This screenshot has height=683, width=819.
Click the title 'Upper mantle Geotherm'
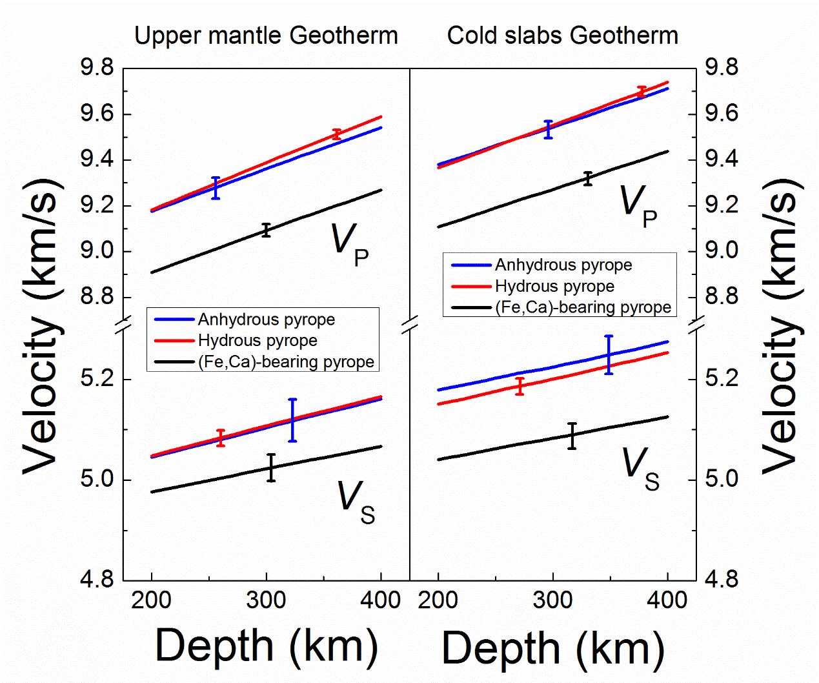click(266, 36)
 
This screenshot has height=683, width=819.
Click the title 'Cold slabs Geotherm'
click(562, 36)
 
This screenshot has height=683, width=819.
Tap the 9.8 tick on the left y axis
click(96, 68)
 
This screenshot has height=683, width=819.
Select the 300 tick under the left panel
click(266, 600)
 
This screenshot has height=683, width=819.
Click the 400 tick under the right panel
click(667, 600)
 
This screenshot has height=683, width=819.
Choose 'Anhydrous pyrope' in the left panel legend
click(267, 320)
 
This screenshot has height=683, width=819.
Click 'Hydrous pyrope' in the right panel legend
click(554, 286)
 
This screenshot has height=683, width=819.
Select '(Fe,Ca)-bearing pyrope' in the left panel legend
click(286, 362)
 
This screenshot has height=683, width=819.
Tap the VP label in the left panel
click(349, 245)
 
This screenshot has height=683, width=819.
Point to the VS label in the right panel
click(640, 469)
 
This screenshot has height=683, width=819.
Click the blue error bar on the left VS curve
click(292, 420)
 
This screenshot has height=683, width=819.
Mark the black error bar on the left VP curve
click(266, 230)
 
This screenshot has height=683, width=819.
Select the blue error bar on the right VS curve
click(608, 354)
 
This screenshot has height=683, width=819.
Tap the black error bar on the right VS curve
click(572, 436)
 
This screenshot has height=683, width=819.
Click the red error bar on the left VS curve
click(221, 438)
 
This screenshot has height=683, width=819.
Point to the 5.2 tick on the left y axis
click(96, 379)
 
